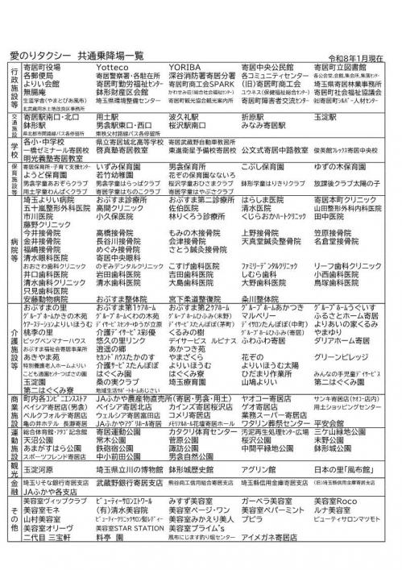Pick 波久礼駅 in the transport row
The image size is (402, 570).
(x=186, y=116)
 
